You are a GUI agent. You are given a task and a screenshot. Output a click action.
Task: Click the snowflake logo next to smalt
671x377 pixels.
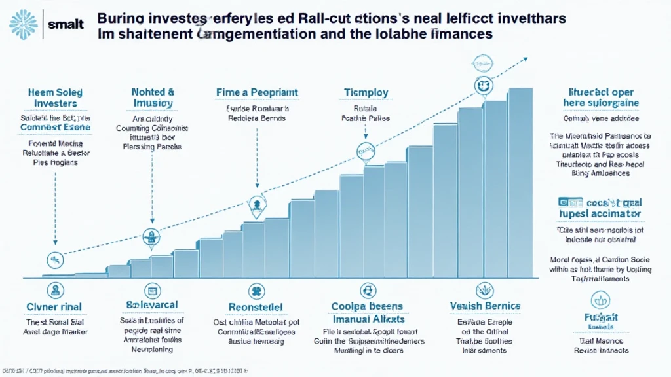pos(24,24)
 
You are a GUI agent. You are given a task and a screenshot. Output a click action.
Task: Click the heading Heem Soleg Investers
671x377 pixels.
pos(55,98)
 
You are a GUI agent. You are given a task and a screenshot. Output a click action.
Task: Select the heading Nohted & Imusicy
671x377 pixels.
pos(152,98)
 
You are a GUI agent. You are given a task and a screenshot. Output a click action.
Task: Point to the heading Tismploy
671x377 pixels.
pos(366,93)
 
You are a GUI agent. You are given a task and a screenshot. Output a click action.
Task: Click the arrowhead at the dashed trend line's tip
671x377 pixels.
pos(525,59)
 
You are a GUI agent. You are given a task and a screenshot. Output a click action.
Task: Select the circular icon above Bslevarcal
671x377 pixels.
pos(152,291)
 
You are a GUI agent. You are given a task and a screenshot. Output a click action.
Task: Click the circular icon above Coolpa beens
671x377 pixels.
pos(366,291)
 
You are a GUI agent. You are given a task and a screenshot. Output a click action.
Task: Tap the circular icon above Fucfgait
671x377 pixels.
pos(600,300)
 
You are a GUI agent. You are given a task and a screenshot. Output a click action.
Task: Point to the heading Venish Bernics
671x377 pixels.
pos(485,306)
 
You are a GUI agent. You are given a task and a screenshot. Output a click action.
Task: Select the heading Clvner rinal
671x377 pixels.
pos(56,307)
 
